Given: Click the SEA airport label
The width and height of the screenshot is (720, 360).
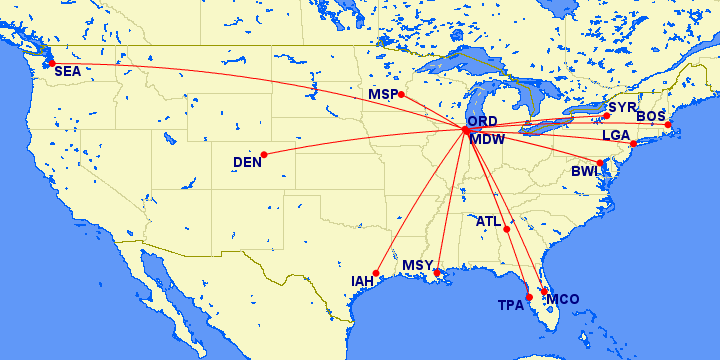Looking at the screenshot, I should tap(67, 72).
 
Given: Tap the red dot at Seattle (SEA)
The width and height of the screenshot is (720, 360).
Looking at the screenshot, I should tap(51, 63).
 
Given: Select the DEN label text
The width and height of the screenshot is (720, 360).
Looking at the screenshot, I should tap(247, 162).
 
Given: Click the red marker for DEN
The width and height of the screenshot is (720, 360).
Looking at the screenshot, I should tap(264, 155).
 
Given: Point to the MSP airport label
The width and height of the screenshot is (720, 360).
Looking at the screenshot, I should tap(383, 94).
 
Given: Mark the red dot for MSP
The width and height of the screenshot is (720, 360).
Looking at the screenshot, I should tap(401, 95).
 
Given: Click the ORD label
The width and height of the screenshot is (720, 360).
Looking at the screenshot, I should tap(482, 122).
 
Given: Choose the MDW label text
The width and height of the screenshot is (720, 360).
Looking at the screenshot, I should tap(487, 139).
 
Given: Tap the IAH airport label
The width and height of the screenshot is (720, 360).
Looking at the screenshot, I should tap(362, 281).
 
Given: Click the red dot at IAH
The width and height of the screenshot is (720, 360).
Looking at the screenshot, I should tap(376, 273).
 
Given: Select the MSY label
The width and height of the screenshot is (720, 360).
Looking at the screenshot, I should tap(418, 266).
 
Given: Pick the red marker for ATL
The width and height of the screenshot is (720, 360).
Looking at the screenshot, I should tap(507, 229).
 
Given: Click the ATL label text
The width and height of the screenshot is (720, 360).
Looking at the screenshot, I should tap(489, 221).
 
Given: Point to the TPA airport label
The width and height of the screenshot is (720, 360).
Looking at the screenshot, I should tap(511, 306).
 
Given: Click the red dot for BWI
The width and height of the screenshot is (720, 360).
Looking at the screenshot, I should tap(600, 163).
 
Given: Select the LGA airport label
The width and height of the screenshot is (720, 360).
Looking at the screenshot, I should tap(616, 135).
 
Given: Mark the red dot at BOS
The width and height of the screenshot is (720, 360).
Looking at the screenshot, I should tap(669, 124).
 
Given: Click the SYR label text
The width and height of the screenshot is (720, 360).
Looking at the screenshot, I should tap(622, 106).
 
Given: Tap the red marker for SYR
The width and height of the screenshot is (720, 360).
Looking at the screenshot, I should tap(606, 116).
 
